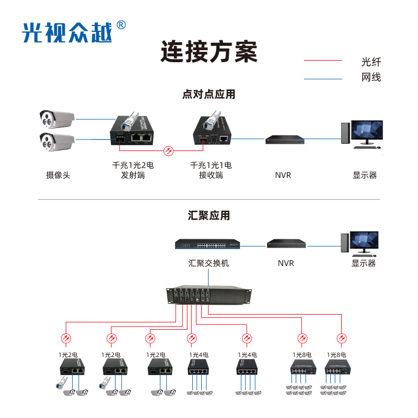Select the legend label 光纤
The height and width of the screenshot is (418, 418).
coord(371,62)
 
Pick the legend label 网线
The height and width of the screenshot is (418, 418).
coord(371,78)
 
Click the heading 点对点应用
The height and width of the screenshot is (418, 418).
coord(208,95)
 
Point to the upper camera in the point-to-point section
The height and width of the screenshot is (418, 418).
coord(57,119)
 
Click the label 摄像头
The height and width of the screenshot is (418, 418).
coord(57,175)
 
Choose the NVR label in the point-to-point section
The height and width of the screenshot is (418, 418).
coord(283,175)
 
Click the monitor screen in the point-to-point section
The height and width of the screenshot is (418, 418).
coord(367,130)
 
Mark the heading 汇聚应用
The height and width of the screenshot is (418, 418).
coord(208,215)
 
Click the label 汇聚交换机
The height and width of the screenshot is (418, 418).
coord(208,263)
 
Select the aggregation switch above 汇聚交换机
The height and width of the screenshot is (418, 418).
coord(207,245)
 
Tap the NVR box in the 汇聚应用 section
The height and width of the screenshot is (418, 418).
coord(285,243)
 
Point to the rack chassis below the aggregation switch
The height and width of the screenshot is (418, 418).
coord(208,297)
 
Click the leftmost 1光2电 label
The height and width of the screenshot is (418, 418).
coord(67,355)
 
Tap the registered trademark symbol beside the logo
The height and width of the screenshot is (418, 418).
coord(121,25)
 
